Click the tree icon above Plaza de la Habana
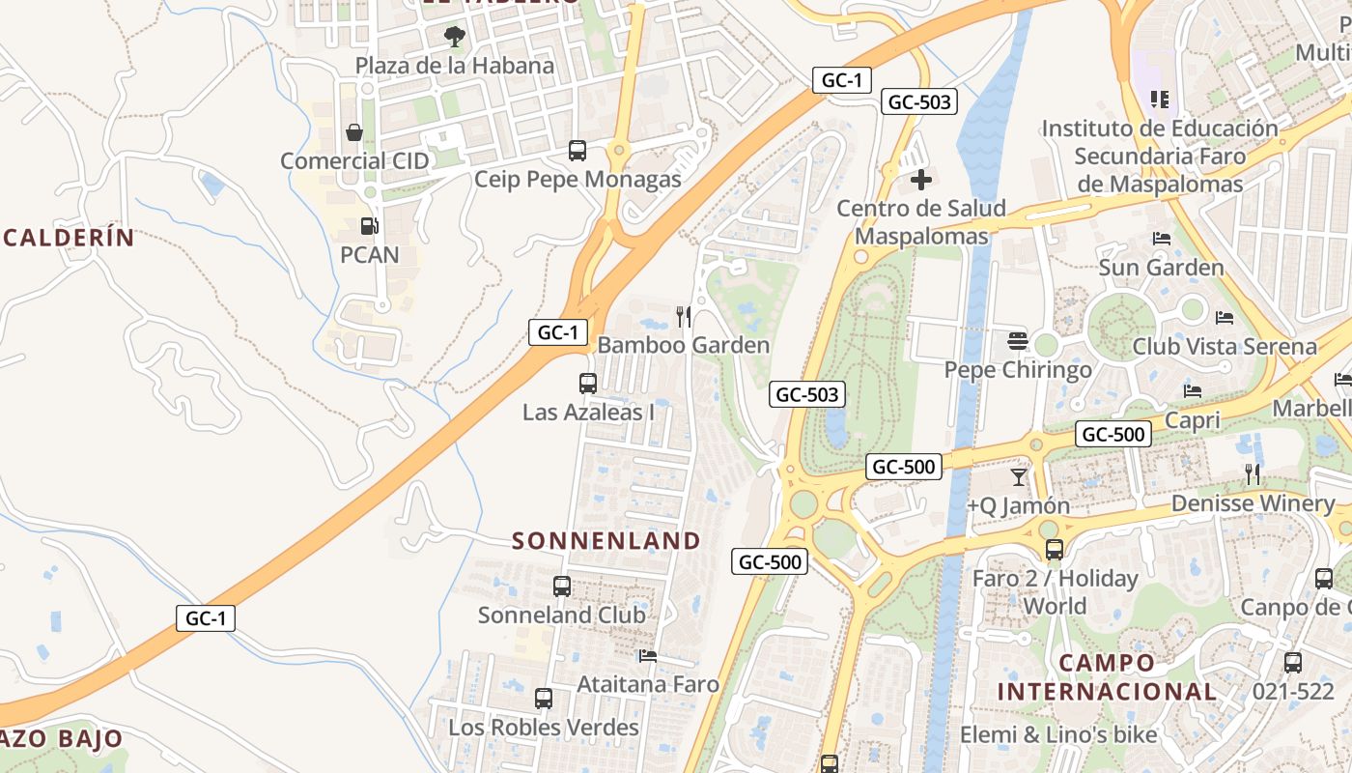[454, 38]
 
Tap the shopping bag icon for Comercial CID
[354, 132]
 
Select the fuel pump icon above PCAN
[369, 227]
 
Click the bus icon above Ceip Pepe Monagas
[577, 151]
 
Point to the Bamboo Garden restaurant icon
[684, 316]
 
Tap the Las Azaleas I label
[589, 413]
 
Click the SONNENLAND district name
[606, 540]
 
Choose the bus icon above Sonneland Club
[561, 587]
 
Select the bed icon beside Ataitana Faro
[648, 656]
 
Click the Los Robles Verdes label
[544, 727]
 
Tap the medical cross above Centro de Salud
[921, 180]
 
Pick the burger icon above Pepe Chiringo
[1018, 341]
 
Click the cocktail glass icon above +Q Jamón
[1019, 477]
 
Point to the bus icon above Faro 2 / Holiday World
[1055, 550]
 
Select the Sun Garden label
[1161, 267]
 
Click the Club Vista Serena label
[1225, 346]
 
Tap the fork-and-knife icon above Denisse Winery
[1253, 474]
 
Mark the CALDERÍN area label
[69, 238]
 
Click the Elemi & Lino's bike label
[1058, 735]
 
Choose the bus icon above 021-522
[1293, 663]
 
